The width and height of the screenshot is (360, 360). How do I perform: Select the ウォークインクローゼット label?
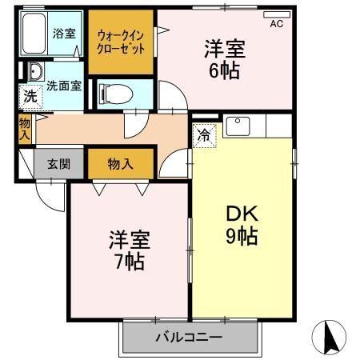click(x=121, y=40)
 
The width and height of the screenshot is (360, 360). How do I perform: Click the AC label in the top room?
click(x=276, y=24)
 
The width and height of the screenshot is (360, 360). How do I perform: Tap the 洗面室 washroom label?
click(x=62, y=85)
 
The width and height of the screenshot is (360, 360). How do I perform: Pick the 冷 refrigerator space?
click(x=204, y=135)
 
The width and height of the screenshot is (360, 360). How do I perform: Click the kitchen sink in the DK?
click(x=238, y=126)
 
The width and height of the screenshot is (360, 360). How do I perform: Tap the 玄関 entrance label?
click(x=58, y=164)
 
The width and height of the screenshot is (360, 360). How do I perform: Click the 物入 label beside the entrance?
click(x=121, y=164)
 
